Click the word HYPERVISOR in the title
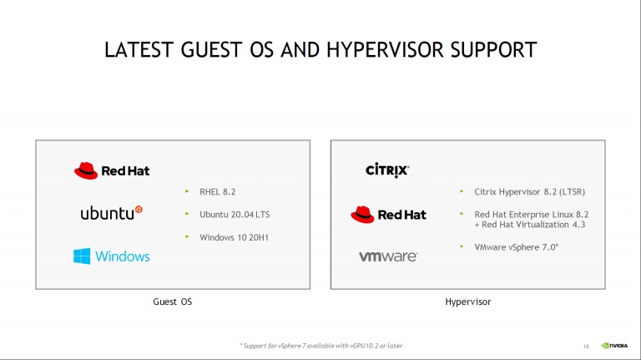(385, 50)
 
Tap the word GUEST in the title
(212, 50)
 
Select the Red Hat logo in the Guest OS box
(112, 170)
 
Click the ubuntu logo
(111, 213)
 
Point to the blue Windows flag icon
(82, 256)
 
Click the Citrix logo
(387, 170)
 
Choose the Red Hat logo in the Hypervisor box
(388, 215)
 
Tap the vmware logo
(388, 256)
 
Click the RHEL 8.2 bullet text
(218, 191)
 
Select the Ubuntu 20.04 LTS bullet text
(235, 215)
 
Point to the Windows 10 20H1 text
(234, 237)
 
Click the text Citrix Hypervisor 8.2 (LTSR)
(529, 191)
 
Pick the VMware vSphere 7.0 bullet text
(517, 247)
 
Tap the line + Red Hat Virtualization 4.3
(530, 225)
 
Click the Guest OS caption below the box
(173, 302)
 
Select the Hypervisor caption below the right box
(468, 302)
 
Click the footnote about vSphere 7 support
(320, 346)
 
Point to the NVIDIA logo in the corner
(614, 346)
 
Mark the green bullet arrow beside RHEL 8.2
(187, 191)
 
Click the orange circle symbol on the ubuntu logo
(139, 210)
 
